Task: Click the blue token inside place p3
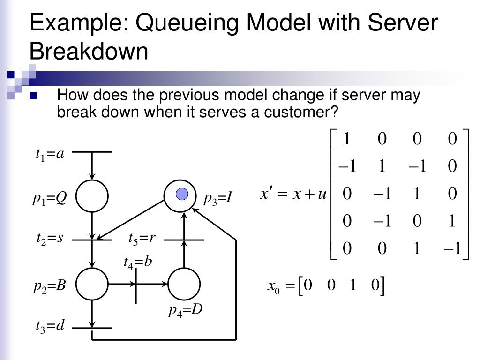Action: (182, 195)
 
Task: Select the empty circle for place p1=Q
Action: (92, 196)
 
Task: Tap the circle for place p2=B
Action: (92, 284)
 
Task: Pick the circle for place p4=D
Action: (184, 284)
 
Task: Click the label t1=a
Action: (50, 154)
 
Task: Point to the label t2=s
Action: (50, 239)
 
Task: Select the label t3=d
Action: (50, 326)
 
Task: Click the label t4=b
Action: (138, 262)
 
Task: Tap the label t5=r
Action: (142, 239)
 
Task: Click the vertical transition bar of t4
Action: (136, 285)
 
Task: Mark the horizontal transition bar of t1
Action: (92, 152)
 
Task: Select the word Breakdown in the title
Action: (89, 51)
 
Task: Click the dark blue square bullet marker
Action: (33, 96)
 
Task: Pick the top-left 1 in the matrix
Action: (347, 138)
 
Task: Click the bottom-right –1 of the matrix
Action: (452, 248)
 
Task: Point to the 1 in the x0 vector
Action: (353, 285)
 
